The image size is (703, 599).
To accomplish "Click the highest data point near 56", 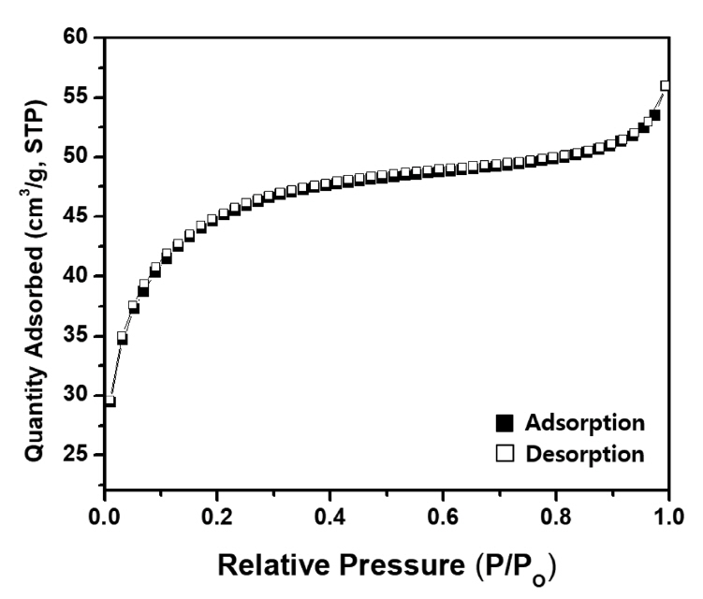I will pos(666,85).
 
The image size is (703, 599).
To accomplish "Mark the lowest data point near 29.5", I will pos(110,401).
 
